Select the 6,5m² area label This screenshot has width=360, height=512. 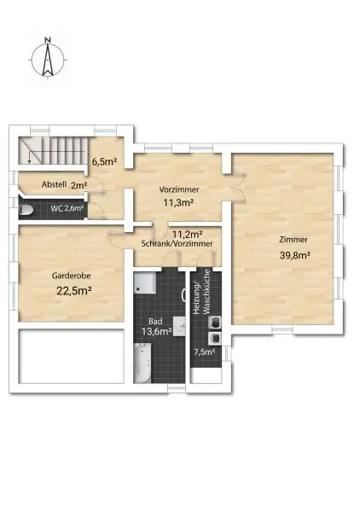[x=105, y=160]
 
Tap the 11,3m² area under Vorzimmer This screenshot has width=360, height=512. [x=178, y=203]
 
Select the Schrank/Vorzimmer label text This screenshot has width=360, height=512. [x=177, y=244]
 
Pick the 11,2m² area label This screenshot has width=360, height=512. [x=187, y=234]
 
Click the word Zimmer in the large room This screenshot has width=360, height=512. [x=292, y=240]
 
